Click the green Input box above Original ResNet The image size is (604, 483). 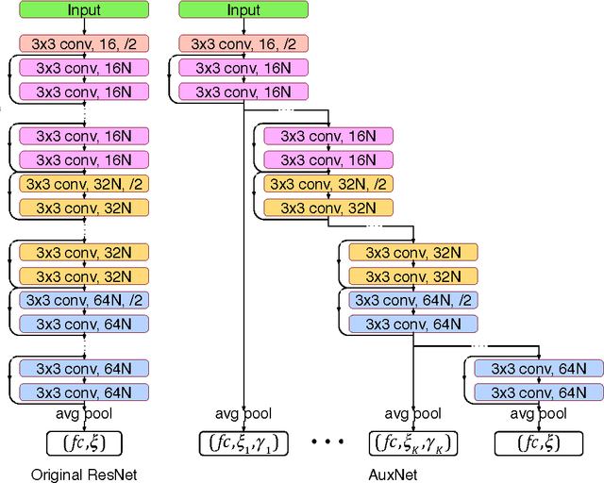pyautogui.click(x=84, y=10)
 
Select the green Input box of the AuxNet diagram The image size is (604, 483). pyautogui.click(x=243, y=10)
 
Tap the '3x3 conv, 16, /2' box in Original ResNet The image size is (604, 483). pyautogui.click(x=84, y=43)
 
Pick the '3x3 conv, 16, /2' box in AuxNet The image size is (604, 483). pyautogui.click(x=243, y=43)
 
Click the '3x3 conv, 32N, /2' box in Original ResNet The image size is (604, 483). pyautogui.click(x=84, y=184)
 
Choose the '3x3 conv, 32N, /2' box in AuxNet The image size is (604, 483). pyautogui.click(x=328, y=184)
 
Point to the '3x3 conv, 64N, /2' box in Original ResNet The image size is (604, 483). pyautogui.click(x=84, y=300)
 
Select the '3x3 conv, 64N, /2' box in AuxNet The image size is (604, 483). pyautogui.click(x=413, y=300)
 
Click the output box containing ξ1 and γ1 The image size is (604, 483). pyautogui.click(x=244, y=441)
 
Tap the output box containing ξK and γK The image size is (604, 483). pyautogui.click(x=414, y=441)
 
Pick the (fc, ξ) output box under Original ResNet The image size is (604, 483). pyautogui.click(x=84, y=441)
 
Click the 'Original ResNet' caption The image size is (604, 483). pyautogui.click(x=84, y=475)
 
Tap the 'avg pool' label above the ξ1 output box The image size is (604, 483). pyautogui.click(x=244, y=413)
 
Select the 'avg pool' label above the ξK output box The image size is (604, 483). pyautogui.click(x=414, y=413)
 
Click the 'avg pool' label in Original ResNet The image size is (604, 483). pyautogui.click(x=84, y=413)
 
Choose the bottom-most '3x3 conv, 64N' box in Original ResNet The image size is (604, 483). pyautogui.click(x=84, y=391)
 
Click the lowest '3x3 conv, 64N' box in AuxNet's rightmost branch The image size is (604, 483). pyautogui.click(x=537, y=391)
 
